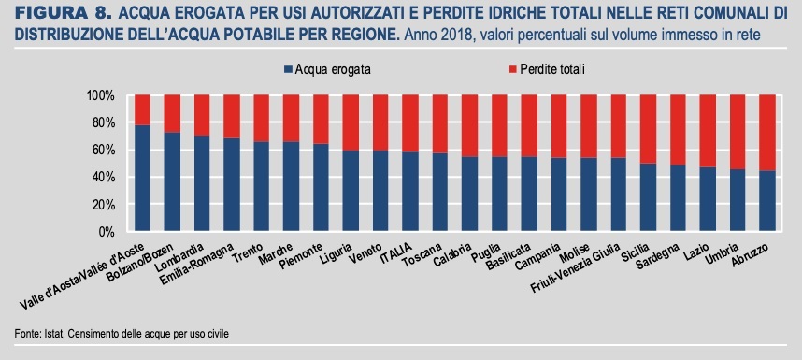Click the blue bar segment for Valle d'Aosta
[x=142, y=178]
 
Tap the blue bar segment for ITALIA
[x=409, y=192]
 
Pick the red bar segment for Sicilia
[x=647, y=129]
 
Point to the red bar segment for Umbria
[x=737, y=132]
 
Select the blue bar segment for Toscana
[x=439, y=193]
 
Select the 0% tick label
[x=106, y=231]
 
